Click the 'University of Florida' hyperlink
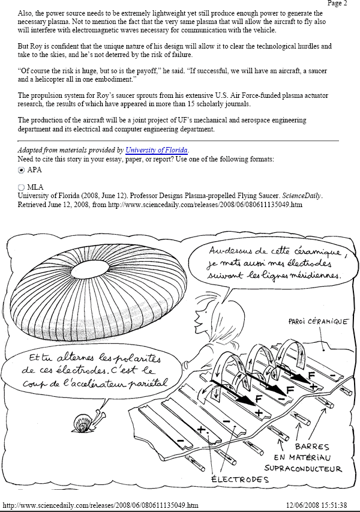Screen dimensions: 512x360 click(x=157, y=150)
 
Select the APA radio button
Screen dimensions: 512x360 click(x=22, y=170)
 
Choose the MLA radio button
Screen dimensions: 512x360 click(x=22, y=187)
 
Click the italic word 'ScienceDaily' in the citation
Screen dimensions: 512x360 click(x=301, y=195)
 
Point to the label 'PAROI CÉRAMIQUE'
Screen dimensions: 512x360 click(x=318, y=322)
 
